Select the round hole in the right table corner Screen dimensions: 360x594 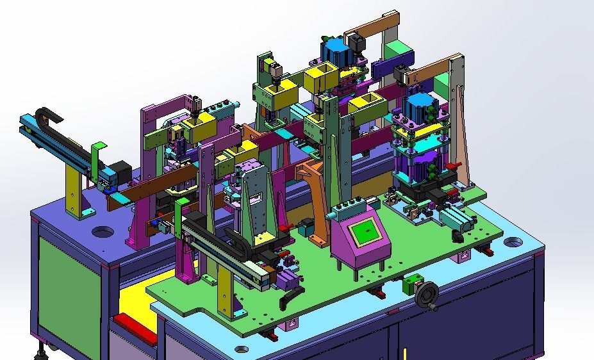[x=513, y=242]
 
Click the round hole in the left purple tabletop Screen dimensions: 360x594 [x=101, y=231]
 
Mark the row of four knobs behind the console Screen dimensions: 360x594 [x=347, y=207]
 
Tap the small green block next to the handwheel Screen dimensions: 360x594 [x=408, y=286]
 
